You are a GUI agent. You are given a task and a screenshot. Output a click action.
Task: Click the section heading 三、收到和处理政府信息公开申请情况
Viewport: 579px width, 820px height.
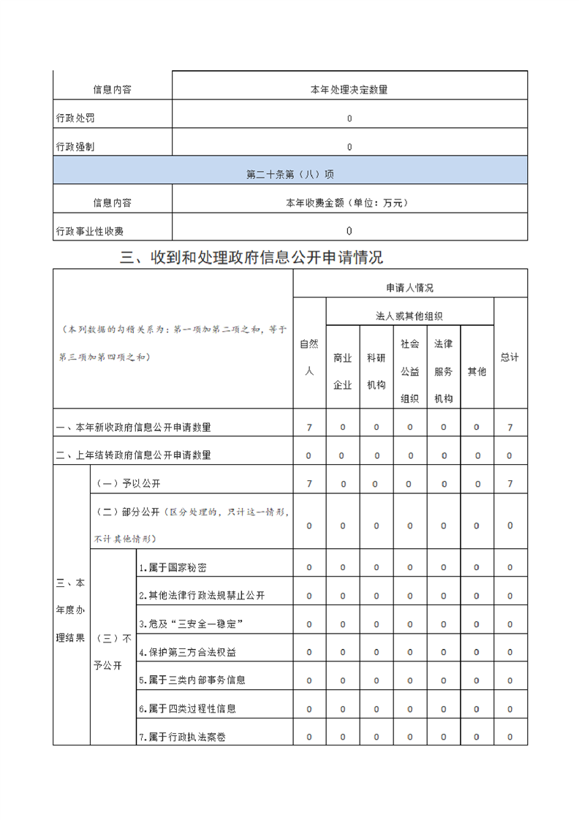pos(251,257)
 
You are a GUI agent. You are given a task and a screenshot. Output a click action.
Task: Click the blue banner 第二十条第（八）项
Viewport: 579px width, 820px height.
pos(290,175)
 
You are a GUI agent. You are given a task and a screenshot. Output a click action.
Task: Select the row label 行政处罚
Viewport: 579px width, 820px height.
pos(75,118)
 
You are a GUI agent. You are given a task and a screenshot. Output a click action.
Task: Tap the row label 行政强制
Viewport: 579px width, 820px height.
pos(75,146)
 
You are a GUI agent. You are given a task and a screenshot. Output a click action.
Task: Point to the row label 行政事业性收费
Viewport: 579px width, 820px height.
pos(90,231)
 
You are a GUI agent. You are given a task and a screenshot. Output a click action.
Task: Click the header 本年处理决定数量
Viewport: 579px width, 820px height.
pos(349,90)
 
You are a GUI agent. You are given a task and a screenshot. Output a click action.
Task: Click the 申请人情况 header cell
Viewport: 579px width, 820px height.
pos(409,287)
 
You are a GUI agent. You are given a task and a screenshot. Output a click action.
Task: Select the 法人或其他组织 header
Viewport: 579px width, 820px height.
pos(409,316)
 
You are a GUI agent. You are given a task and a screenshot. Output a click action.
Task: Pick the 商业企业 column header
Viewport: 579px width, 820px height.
pos(342,371)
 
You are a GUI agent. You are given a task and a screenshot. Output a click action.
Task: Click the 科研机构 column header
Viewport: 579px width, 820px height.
pos(376,371)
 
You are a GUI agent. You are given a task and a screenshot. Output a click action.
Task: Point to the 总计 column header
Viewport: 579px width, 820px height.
pos(510,357)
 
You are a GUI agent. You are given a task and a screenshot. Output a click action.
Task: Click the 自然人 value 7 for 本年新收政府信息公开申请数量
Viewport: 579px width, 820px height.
pos(309,428)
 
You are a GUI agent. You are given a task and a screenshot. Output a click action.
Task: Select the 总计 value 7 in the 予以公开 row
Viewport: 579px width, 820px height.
pos(510,484)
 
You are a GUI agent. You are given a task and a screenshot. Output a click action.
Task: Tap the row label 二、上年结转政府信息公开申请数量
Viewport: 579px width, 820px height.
pos(134,455)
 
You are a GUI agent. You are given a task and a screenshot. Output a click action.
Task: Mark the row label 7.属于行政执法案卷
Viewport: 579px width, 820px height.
pos(182,737)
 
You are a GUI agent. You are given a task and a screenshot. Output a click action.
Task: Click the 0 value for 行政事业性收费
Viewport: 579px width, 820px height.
pos(349,231)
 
